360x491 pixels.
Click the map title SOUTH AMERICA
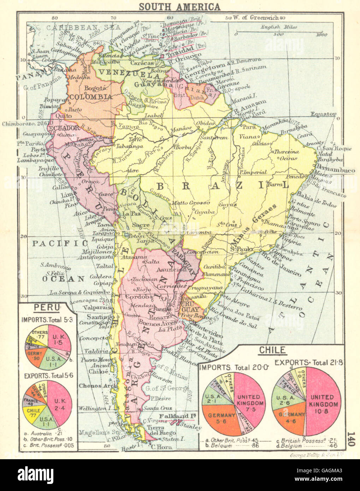point(179,7)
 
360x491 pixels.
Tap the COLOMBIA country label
point(91,97)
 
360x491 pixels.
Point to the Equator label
point(323,114)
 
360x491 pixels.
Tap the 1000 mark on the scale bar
point(321,35)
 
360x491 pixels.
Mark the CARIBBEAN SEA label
point(84,27)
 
